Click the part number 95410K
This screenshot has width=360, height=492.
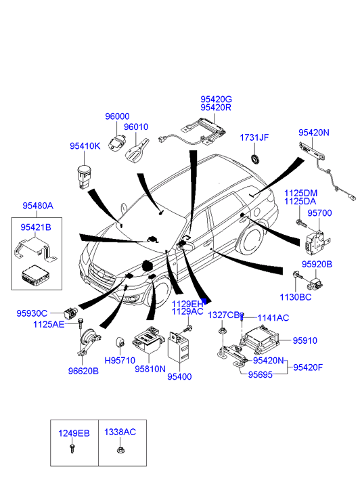click(x=85, y=146)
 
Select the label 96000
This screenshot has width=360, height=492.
click(x=117, y=116)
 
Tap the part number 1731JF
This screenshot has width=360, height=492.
click(x=254, y=137)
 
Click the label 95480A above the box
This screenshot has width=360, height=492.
click(x=38, y=206)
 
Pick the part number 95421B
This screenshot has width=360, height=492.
click(x=36, y=227)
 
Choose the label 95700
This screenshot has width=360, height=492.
click(x=319, y=213)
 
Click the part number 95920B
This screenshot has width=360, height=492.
click(x=317, y=264)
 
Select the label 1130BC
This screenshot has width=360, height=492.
click(x=295, y=297)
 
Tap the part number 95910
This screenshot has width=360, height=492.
click(x=305, y=340)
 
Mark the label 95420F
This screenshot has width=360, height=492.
click(x=308, y=367)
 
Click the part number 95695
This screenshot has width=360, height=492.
click(x=261, y=375)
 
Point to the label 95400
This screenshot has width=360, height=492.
click(x=179, y=376)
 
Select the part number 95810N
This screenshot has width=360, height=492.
click(x=150, y=369)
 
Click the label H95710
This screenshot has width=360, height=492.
click(x=120, y=361)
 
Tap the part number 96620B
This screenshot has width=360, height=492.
click(x=83, y=371)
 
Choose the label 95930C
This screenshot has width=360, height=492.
click(x=32, y=313)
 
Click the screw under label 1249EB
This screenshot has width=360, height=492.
click(x=73, y=448)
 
